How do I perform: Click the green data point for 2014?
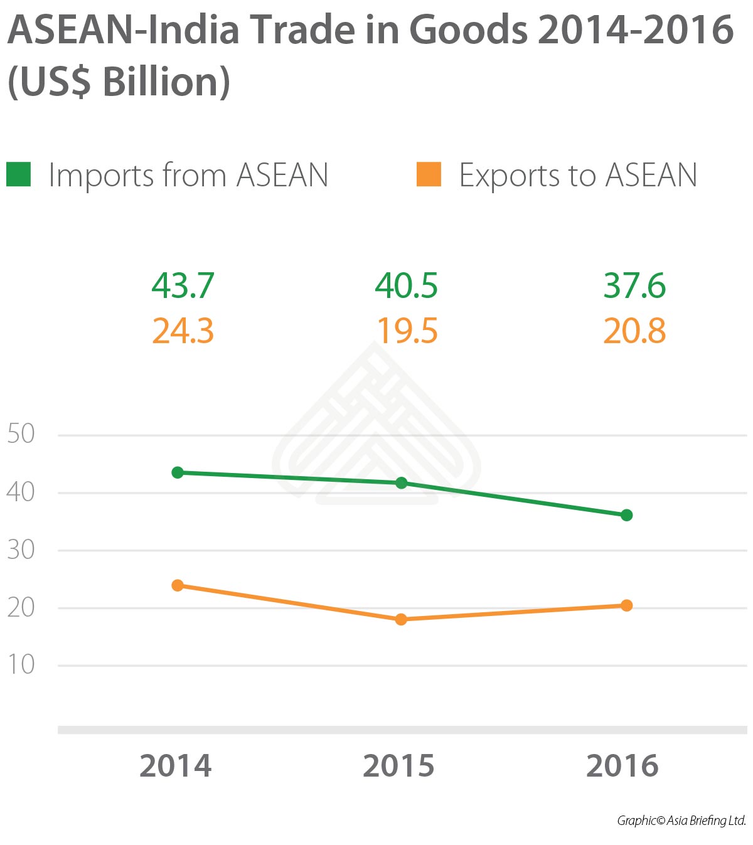click(178, 472)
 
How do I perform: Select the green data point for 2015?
click(402, 483)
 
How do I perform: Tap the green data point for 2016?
click(626, 515)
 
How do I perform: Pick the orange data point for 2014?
click(178, 585)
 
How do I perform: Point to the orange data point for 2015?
click(402, 620)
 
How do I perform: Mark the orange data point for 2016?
click(626, 605)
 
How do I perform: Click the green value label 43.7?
click(183, 286)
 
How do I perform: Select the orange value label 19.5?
click(407, 331)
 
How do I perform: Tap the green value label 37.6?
click(634, 286)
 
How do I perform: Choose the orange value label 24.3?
click(183, 331)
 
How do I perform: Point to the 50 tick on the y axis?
click(21, 434)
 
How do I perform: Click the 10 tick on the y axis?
click(21, 665)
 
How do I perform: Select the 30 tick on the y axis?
click(21, 550)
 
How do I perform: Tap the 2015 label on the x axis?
click(399, 766)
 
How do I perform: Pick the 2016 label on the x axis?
click(622, 766)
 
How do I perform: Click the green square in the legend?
click(19, 174)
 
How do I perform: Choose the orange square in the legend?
click(429, 174)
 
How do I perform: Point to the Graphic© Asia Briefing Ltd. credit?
click(681, 821)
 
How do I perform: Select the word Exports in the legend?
click(510, 176)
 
